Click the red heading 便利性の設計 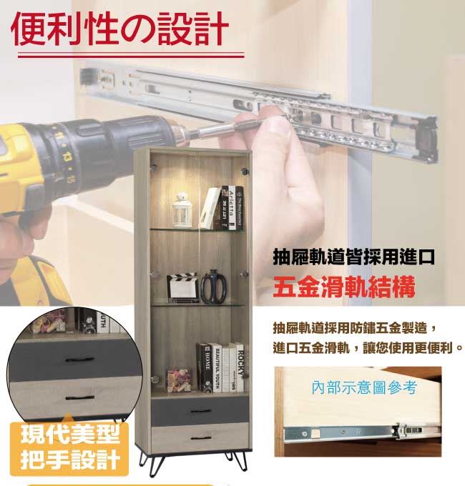tap(119, 29)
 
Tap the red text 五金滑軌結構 tap(343, 287)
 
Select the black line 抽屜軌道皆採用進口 tap(354, 257)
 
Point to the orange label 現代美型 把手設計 tap(69, 447)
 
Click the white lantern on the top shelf tap(182, 210)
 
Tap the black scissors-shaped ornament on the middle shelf tap(213, 287)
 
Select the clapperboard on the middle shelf tap(183, 287)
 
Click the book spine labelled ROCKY tap(240, 367)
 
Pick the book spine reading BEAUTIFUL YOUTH tap(217, 368)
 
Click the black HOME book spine tap(207, 368)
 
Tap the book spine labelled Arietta tap(232, 208)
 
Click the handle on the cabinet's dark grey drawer tap(201, 411)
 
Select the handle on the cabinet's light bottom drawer tap(201, 438)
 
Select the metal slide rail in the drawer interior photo tap(362, 432)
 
